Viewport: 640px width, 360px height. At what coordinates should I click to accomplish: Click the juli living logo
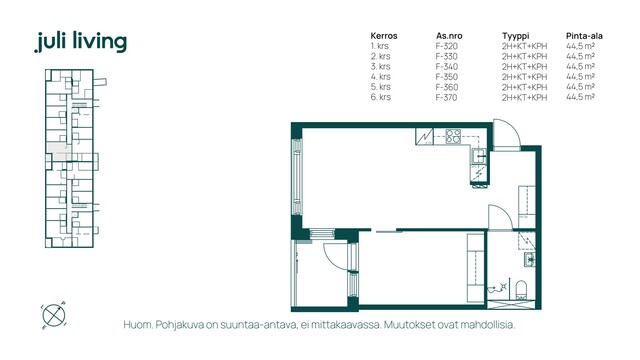coord(81,42)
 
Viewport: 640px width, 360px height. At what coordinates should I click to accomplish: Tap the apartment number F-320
coord(447,46)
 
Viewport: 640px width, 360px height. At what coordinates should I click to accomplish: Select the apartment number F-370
coord(447,97)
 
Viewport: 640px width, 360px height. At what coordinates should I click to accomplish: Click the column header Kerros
coord(384,36)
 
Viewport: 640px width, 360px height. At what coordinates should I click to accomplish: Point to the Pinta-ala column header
coord(584,36)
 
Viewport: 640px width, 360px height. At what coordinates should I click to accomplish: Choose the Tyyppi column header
coord(516,36)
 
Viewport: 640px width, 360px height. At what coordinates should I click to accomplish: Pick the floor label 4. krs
coord(380,77)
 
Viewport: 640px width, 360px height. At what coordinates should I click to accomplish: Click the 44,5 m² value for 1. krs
coord(580,46)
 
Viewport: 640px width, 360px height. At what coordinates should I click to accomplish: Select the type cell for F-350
coord(524,77)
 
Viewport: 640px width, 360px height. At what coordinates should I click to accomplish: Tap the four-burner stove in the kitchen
coord(453,136)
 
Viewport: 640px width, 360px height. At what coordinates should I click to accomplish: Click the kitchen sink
coord(479,156)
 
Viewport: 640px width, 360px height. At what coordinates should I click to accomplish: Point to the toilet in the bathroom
coord(521,289)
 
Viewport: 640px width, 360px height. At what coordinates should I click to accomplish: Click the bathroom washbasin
coord(529,259)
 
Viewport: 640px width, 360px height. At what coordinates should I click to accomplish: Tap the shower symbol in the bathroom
coord(499,288)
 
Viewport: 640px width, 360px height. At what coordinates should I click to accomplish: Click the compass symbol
coord(53,315)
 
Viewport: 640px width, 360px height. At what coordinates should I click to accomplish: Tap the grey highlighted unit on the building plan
coord(58,152)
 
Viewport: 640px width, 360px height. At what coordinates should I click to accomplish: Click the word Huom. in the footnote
coord(137,325)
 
